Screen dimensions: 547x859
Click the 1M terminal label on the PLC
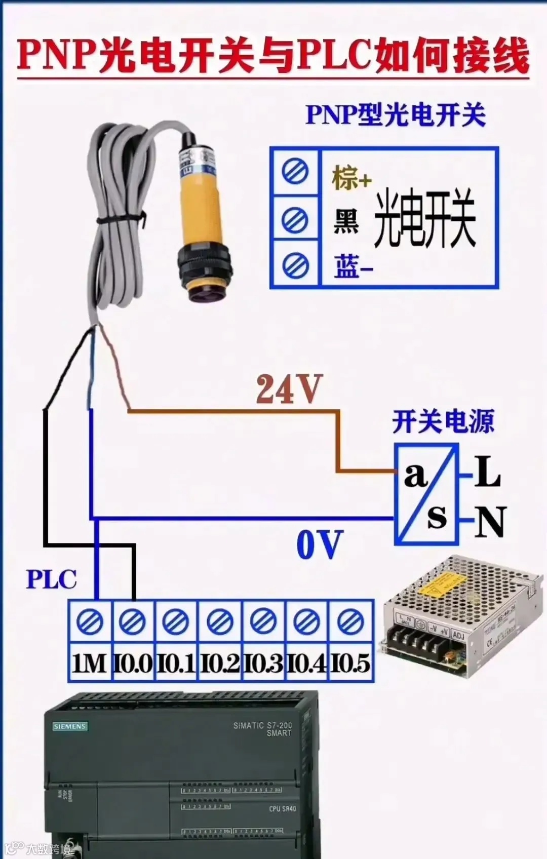coord(89,663)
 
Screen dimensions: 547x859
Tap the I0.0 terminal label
coord(133,663)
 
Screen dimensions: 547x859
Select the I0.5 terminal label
coord(350,663)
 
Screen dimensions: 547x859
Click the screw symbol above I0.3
coord(263,621)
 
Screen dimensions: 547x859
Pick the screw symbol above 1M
coord(90,621)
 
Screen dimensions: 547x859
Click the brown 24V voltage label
coord(289,389)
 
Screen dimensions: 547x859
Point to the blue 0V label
coord(320,545)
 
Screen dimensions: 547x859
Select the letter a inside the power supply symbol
coord(416,475)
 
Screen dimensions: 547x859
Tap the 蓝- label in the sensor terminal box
coord(353,266)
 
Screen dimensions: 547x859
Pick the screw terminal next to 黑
coord(295,220)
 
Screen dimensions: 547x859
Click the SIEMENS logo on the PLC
coord(70,726)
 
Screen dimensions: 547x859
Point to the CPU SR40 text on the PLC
coord(282,809)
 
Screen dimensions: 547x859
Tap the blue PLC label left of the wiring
coord(51,579)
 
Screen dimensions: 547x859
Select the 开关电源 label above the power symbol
coord(443,421)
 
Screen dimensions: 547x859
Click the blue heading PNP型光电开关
coord(396,114)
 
